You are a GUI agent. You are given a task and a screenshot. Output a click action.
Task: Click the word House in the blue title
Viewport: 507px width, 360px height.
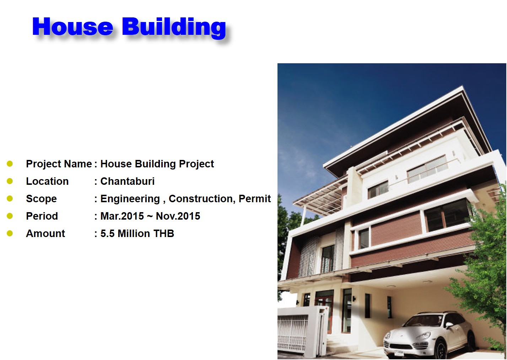click(x=72, y=27)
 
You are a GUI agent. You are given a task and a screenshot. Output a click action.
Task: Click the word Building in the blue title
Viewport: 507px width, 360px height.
click(x=174, y=27)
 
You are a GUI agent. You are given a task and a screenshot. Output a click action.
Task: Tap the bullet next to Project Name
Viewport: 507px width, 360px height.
click(x=10, y=164)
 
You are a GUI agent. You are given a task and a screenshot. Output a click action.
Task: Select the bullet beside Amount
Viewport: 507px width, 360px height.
click(x=10, y=233)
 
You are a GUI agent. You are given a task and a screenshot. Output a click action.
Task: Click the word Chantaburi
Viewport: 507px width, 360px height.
click(x=128, y=181)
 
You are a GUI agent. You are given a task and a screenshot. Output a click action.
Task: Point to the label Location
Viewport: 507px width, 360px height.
click(x=47, y=181)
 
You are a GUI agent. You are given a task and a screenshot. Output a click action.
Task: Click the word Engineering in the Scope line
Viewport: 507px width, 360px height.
click(x=130, y=199)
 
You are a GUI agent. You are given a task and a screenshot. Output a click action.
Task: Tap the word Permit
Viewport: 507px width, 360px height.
click(x=255, y=199)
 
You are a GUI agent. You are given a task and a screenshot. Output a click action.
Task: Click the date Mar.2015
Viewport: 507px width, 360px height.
click(x=122, y=216)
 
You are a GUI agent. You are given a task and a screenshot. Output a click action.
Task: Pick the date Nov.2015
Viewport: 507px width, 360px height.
click(x=178, y=216)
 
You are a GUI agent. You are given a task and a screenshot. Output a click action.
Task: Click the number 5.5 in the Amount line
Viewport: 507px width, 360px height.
click(x=108, y=233)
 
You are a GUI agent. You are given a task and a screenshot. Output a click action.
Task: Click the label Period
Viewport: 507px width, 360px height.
click(x=42, y=216)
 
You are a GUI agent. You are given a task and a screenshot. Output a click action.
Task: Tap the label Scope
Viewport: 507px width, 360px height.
click(x=41, y=199)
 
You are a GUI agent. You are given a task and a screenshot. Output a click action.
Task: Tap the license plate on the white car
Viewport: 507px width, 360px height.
click(x=399, y=353)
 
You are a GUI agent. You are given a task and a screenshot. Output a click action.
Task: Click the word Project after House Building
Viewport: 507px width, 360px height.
click(x=196, y=164)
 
